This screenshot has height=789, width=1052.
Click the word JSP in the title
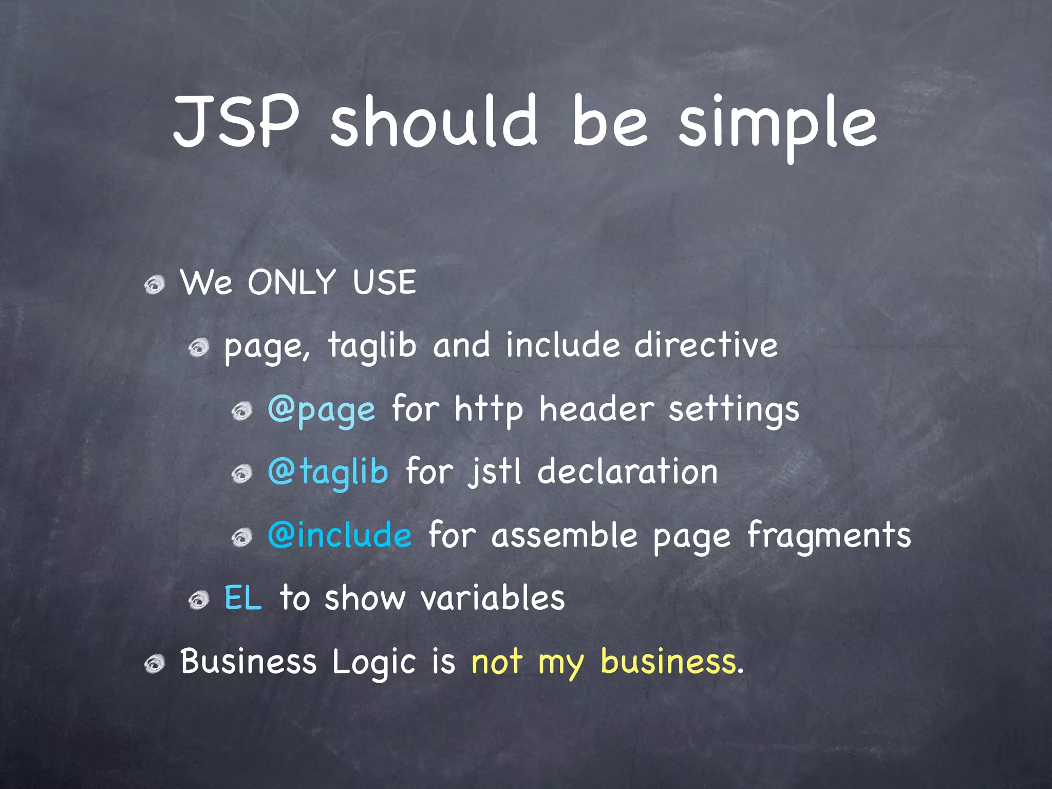pyautogui.click(x=236, y=122)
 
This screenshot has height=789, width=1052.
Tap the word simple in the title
pyautogui.click(x=778, y=126)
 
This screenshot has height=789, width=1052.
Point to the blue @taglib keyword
pyautogui.click(x=328, y=472)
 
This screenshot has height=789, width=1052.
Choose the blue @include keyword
pyautogui.click(x=340, y=535)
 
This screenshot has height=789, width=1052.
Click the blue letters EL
pyautogui.click(x=243, y=598)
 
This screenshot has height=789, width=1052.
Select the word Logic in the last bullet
pyautogui.click(x=373, y=663)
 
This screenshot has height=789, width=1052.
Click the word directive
pyautogui.click(x=706, y=345)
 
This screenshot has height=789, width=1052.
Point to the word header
pyautogui.click(x=596, y=409)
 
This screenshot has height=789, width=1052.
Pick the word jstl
pyautogui.click(x=494, y=473)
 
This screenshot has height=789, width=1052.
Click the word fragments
pyautogui.click(x=829, y=536)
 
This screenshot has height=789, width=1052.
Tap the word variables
pyautogui.click(x=493, y=598)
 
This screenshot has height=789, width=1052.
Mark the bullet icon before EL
pyautogui.click(x=198, y=600)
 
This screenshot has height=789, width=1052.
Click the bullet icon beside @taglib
pyautogui.click(x=241, y=474)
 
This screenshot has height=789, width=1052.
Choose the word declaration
pyautogui.click(x=627, y=472)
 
